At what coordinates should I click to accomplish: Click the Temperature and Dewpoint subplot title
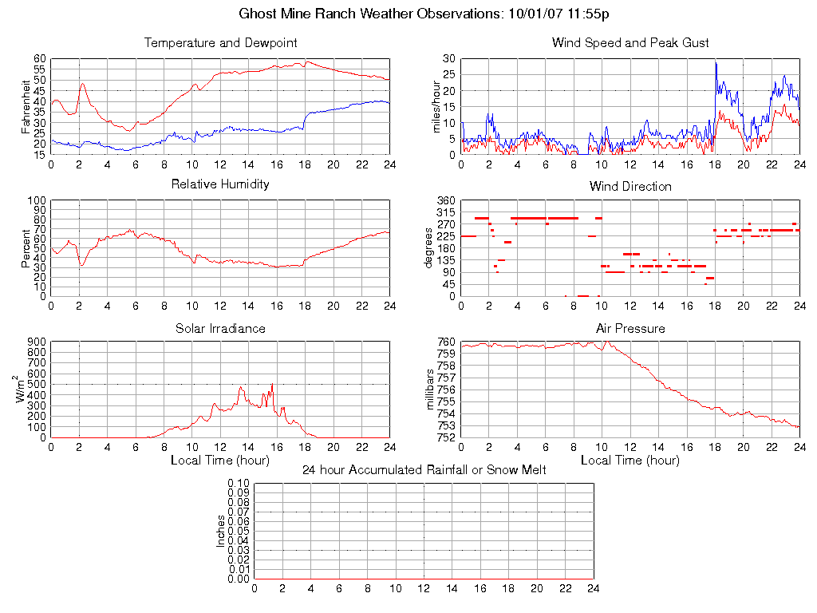point(220,42)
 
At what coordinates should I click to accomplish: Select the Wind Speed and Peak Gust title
point(630,42)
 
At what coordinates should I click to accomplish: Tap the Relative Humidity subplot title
point(220,184)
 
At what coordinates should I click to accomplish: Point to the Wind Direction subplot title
point(630,186)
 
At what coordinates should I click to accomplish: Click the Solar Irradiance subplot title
point(220,328)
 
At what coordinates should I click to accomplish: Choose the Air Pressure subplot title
point(630,328)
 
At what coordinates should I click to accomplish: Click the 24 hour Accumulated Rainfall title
point(424,470)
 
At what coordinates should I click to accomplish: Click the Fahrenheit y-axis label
point(26,106)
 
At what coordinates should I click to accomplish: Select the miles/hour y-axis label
point(436,106)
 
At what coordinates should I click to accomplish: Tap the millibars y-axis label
point(432,390)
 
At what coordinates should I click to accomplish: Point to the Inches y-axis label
point(221,531)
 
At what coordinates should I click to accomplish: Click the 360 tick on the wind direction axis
point(444,200)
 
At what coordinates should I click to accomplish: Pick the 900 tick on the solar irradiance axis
point(35,342)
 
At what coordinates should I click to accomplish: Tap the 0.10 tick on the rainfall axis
point(238,484)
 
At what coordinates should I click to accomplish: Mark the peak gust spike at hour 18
point(716,62)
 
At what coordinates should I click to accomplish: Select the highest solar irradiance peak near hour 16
point(272,385)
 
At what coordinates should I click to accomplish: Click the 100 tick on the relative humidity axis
point(35,200)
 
